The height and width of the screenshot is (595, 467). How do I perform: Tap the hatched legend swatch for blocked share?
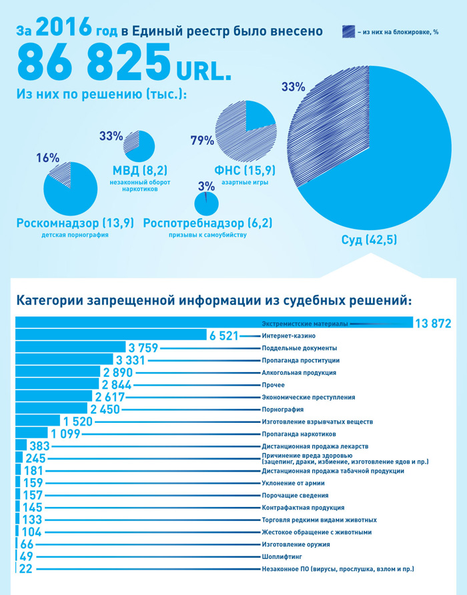coord(351,31)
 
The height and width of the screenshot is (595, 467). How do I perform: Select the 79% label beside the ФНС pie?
coord(202,141)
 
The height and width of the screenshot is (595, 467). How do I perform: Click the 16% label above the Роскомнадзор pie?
coord(48,158)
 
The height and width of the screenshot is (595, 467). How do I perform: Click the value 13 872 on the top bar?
coord(433,324)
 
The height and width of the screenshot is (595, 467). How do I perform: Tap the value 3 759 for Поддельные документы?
coord(142,348)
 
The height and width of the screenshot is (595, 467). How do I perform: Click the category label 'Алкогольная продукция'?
coord(299,373)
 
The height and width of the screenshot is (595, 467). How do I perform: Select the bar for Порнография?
coord(51,410)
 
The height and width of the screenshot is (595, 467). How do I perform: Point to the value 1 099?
coord(65,434)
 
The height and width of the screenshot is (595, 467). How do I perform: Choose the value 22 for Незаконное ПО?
coord(26,569)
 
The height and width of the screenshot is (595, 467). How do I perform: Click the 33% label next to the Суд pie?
coord(293,87)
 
